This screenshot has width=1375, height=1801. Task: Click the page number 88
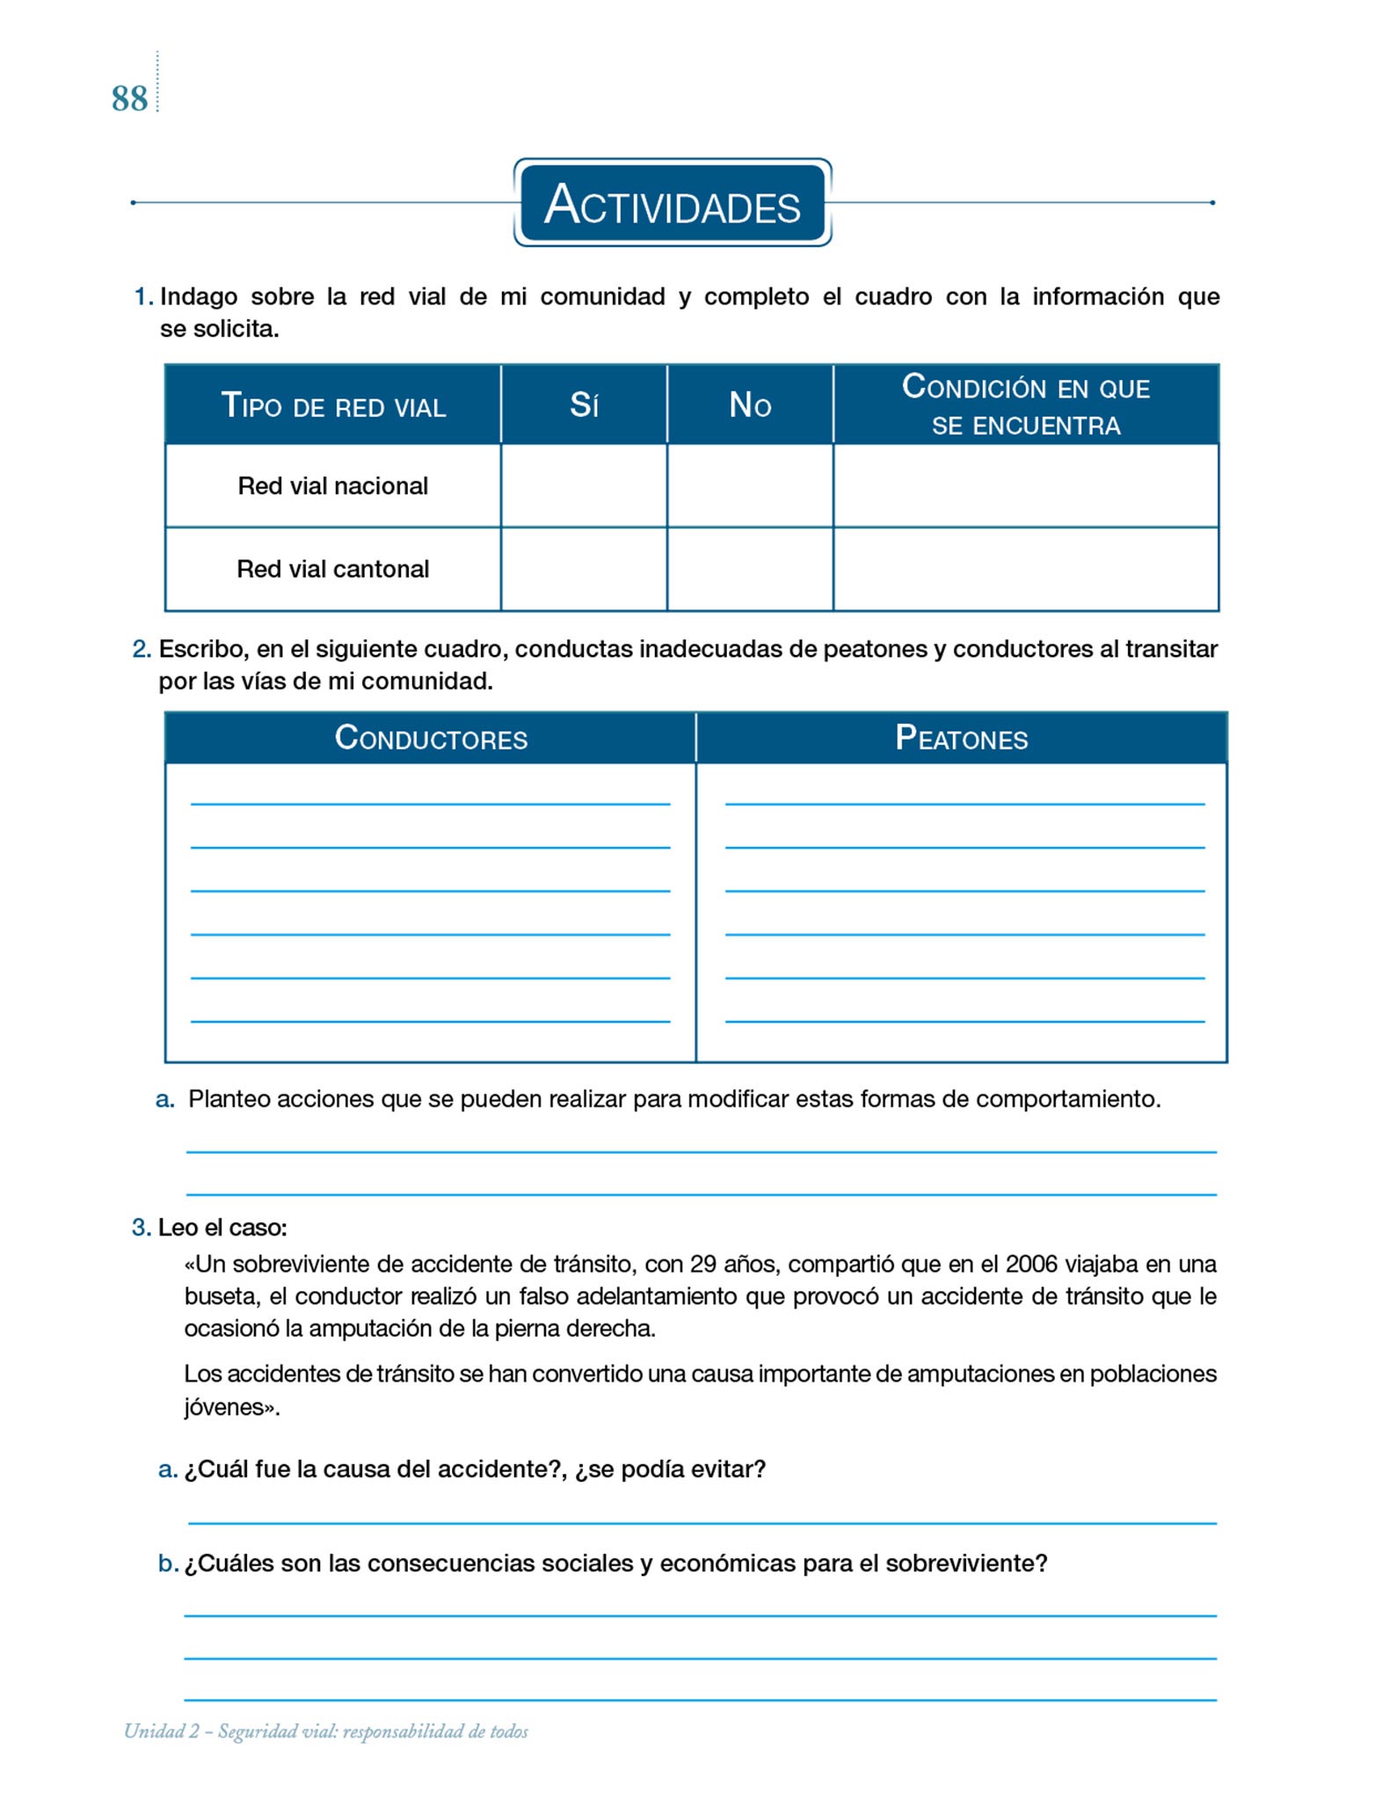[x=129, y=98]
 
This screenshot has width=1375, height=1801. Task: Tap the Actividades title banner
[x=673, y=203]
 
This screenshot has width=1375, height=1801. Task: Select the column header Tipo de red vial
[x=333, y=405]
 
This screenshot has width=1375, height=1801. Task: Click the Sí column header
[x=584, y=405]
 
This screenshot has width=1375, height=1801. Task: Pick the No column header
[x=750, y=405]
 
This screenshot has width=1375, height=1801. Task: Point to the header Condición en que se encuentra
[x=1026, y=405]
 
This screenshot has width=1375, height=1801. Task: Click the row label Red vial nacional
[x=333, y=486]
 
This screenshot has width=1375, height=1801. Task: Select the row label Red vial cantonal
[x=333, y=569]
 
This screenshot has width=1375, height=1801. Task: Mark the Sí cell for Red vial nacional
[x=584, y=486]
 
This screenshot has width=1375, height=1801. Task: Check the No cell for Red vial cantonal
[x=750, y=569]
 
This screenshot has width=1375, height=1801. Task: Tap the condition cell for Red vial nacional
[x=1026, y=486]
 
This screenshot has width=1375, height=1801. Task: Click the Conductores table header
[x=431, y=738]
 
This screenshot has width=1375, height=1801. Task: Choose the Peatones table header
[x=962, y=738]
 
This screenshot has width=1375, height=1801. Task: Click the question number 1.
[x=142, y=297]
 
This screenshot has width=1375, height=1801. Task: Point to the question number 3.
[x=141, y=1228]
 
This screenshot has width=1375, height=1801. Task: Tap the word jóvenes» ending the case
[x=231, y=1407]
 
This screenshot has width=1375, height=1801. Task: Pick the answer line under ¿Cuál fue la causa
[x=702, y=1521]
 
